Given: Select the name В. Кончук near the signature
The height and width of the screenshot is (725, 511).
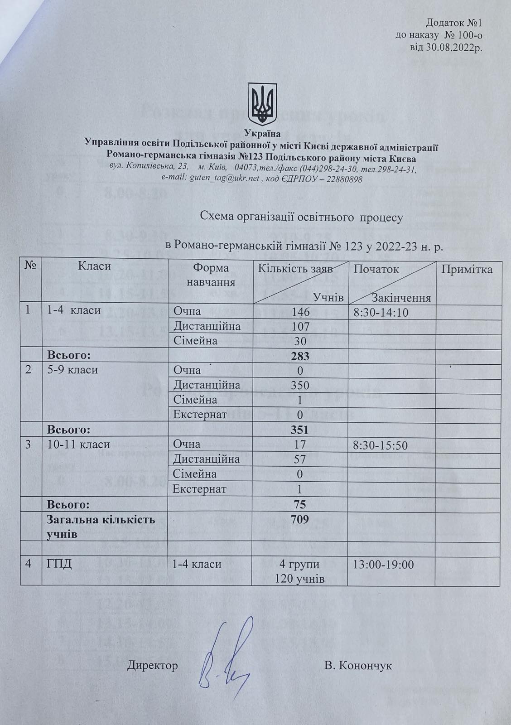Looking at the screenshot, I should pos(358,666).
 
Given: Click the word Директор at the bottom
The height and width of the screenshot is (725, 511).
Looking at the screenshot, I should pos(153,666).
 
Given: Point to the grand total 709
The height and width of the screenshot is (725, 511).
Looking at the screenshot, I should pos(300,519).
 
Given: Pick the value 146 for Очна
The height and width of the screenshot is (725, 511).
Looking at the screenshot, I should pos(300,312).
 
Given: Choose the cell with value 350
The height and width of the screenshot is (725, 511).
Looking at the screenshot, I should pos(300,385).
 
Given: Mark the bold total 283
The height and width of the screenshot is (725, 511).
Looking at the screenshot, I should pos(300,356).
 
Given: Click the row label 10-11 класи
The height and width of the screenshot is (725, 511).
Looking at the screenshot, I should pos(78,445).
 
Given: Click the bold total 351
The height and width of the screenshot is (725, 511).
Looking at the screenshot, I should pos(300,430).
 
